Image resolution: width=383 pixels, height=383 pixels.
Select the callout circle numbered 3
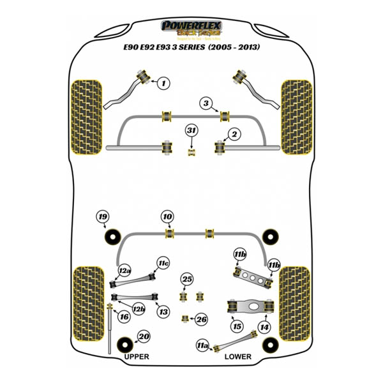pos(206,103)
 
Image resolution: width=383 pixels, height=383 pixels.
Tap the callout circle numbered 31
pos(191,130)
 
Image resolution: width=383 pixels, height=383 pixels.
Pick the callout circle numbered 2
pos(234,134)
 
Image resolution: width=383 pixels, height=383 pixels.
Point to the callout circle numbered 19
pos(103,216)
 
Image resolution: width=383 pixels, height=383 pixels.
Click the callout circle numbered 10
pos(167,217)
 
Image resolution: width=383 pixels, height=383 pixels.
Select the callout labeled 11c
pos(163,262)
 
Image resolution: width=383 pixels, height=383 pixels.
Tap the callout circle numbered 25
pos(186,279)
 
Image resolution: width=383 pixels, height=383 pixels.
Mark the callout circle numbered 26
pos(202,319)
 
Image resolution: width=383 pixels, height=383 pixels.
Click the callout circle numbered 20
pos(144,338)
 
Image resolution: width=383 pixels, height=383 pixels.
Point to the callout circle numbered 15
pos(237,327)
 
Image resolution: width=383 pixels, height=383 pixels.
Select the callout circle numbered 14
pos(264,327)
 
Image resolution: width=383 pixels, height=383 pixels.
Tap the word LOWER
pos(237,356)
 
